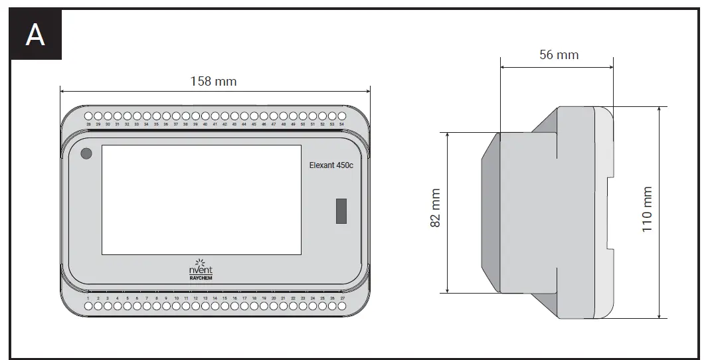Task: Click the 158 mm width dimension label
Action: click(x=213, y=82)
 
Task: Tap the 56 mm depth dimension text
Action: click(x=559, y=54)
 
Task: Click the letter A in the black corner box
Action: click(x=35, y=35)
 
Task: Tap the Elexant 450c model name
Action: click(x=331, y=166)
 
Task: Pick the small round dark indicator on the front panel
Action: click(x=86, y=154)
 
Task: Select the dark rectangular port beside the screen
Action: click(x=341, y=211)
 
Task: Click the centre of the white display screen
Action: click(x=201, y=199)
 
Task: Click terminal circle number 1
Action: click(x=88, y=307)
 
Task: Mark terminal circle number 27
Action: click(x=342, y=307)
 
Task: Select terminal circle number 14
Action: click(x=215, y=307)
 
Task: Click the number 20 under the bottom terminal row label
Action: click(x=274, y=299)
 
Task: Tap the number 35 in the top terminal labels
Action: click(x=157, y=124)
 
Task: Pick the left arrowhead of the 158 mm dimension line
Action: click(x=62, y=89)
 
